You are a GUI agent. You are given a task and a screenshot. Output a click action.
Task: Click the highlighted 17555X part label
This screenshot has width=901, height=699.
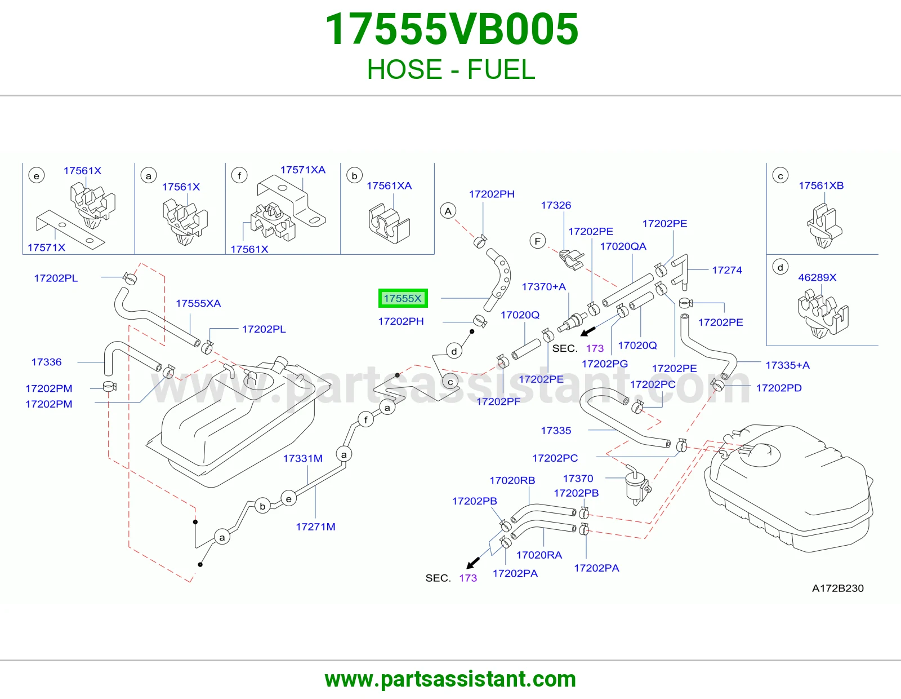[403, 298]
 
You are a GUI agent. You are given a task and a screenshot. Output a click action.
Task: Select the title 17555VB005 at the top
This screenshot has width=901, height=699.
[452, 29]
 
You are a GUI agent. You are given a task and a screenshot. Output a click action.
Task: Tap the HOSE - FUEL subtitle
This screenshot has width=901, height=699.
[451, 69]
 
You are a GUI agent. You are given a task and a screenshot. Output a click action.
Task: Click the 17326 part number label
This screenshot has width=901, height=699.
[556, 205]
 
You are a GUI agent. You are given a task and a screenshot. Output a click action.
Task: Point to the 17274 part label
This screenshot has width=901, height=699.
[727, 270]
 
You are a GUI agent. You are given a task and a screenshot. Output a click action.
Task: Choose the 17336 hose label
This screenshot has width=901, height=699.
[46, 362]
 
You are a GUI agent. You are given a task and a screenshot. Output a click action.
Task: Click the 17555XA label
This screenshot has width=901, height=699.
[198, 303]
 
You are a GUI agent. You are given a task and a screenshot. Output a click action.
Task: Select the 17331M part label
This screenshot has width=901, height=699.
[303, 458]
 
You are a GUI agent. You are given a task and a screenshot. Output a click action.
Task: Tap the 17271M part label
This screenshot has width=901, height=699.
[315, 527]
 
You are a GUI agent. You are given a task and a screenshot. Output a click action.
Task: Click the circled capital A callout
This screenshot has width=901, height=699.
[448, 211]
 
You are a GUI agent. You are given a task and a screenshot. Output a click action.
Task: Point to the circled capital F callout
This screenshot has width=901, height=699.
[538, 241]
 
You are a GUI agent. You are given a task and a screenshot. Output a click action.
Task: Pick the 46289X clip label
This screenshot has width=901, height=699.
[817, 277]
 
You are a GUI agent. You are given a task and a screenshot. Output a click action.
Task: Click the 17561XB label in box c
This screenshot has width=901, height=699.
[821, 185]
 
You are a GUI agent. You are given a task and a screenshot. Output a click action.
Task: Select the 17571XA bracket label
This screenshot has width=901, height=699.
[303, 170]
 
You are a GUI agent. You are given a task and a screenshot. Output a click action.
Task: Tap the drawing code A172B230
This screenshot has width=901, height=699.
[837, 588]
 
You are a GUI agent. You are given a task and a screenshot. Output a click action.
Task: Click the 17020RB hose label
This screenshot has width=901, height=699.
[512, 480]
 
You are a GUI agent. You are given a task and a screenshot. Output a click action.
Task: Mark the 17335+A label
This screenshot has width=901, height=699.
[787, 365]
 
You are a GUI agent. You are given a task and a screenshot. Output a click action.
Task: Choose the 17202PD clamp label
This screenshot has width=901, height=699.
[779, 388]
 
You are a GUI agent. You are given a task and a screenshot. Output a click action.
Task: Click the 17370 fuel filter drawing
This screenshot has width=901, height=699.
[637, 485]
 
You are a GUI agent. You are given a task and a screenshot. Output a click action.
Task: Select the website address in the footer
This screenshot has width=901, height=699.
[450, 679]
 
